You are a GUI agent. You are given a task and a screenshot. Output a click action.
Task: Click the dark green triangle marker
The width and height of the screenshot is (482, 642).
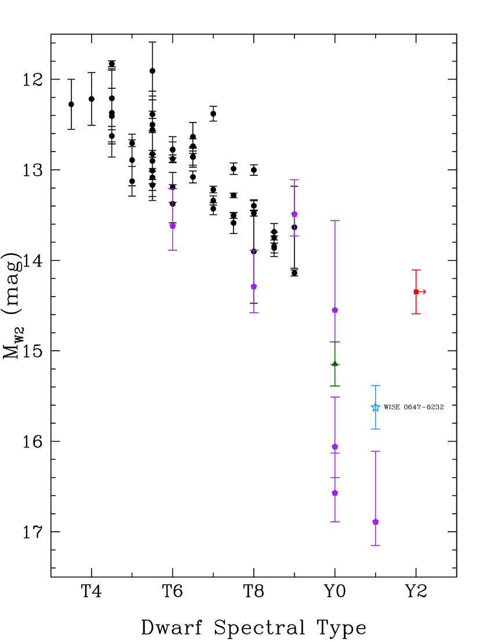click(335, 364)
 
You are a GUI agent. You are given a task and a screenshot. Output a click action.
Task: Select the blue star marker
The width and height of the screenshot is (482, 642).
click(376, 407)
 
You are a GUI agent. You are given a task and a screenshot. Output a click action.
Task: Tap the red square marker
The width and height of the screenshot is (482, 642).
click(416, 291)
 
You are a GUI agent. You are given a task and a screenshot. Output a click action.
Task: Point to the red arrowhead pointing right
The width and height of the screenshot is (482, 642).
click(424, 291)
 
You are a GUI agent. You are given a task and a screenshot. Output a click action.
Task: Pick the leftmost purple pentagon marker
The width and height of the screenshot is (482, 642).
click(172, 226)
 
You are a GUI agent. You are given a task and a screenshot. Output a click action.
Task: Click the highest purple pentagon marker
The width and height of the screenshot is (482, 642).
click(294, 214)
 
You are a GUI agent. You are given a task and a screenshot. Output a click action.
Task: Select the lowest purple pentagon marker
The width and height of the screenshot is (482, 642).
click(376, 522)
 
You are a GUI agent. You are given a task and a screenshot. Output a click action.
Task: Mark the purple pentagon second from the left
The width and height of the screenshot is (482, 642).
click(254, 286)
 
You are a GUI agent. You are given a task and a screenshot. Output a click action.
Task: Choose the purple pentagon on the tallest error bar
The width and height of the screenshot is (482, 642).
click(335, 310)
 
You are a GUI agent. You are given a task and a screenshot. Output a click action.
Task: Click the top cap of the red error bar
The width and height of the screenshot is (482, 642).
click(416, 270)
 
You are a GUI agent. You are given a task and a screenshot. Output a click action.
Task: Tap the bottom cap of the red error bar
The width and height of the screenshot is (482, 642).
click(416, 313)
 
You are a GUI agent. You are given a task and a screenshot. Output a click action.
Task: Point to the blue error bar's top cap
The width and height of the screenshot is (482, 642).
click(376, 385)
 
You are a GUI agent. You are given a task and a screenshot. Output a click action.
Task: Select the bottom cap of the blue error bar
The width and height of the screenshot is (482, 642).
click(376, 429)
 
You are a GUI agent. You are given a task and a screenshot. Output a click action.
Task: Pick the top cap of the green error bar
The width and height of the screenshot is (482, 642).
click(335, 342)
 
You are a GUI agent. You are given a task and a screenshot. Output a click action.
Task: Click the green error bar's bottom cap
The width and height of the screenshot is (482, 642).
click(335, 386)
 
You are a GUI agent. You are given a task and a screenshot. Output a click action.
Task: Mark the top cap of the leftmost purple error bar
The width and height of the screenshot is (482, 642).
click(172, 189)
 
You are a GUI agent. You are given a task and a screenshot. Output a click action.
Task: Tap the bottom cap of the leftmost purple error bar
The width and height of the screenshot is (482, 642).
click(172, 250)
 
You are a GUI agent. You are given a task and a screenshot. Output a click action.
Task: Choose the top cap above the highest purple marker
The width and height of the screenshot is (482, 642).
click(294, 180)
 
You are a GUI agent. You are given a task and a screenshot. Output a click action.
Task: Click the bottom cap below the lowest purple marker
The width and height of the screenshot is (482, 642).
click(376, 546)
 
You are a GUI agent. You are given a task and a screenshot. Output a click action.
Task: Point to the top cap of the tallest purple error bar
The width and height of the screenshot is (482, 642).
click(335, 221)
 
